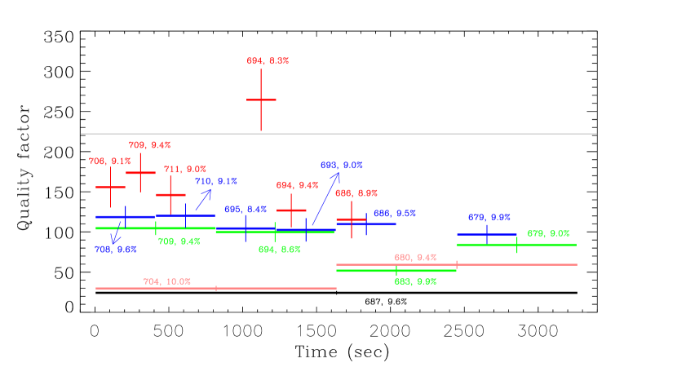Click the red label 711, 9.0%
(184, 170)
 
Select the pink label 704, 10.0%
(166, 281)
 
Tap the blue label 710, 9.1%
(215, 181)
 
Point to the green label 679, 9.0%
(548, 233)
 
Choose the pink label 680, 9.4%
(415, 258)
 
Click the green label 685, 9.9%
(415, 281)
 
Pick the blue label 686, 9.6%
(394, 214)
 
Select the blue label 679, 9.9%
(489, 218)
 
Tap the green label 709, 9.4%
(179, 241)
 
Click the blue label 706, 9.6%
(115, 250)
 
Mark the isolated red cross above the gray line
(261, 100)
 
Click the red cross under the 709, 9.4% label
(140, 172)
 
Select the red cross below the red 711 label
(170, 195)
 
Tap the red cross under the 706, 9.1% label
(110, 187)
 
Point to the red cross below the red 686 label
(352, 219)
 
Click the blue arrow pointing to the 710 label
(203, 200)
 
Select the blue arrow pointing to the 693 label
(325, 198)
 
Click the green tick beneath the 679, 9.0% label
(517, 245)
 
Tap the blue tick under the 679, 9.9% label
(487, 235)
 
